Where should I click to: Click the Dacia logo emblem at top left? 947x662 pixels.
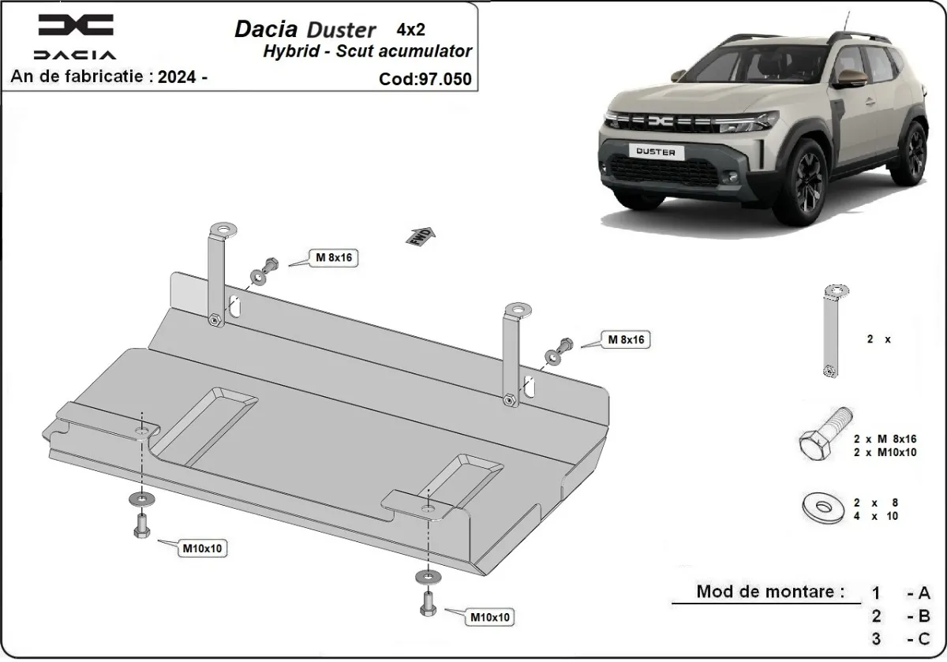pos(76,26)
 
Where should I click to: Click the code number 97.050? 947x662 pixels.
pos(447,79)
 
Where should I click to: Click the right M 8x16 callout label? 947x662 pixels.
pos(626,340)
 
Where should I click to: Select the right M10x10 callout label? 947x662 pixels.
pos(489,616)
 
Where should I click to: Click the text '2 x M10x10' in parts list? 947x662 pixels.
pos(884,453)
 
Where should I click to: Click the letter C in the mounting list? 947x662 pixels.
pos(924,639)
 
